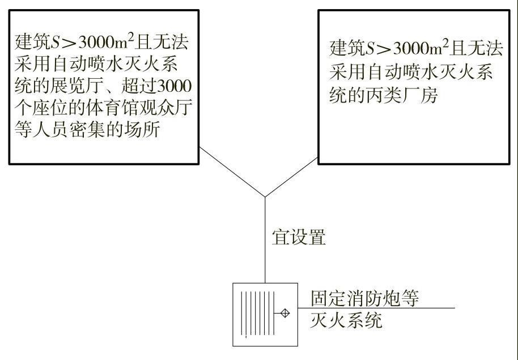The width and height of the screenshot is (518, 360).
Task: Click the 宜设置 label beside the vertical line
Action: (x=299, y=238)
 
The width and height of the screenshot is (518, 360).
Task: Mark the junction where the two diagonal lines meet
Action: (x=265, y=197)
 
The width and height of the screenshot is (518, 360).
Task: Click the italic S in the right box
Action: (x=370, y=49)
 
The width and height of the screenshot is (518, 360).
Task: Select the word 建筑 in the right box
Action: (x=347, y=49)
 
